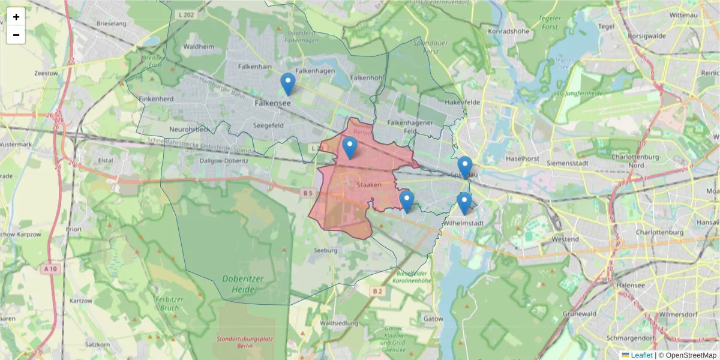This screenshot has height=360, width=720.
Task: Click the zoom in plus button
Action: (16, 17)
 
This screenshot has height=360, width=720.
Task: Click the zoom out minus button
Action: (16, 35)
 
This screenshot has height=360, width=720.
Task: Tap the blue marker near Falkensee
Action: (288, 85)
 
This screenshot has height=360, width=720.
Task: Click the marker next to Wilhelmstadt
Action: (464, 204)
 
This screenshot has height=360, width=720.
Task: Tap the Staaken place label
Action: (369, 185)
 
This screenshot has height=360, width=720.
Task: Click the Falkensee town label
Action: (272, 103)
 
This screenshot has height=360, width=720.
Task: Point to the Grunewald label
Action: (580, 313)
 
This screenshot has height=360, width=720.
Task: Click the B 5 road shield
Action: (308, 193)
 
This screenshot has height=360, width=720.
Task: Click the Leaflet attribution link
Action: (637, 355)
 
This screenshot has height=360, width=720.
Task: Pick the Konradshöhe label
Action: (511, 31)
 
